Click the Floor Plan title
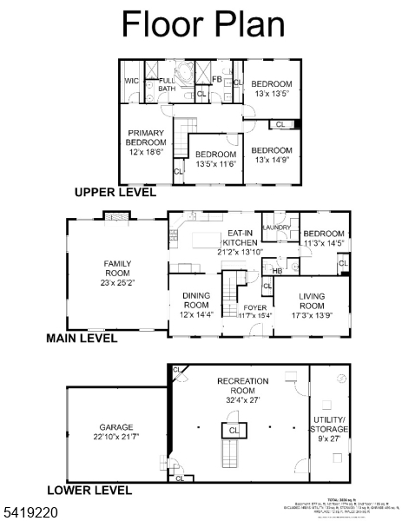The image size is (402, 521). click(203, 24)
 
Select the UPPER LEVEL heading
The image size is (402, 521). click(115, 192)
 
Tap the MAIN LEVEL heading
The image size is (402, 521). click(82, 339)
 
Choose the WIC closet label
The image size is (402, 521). click(131, 81)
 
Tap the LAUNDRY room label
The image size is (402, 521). click(276, 228)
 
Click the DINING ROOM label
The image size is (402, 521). click(195, 300)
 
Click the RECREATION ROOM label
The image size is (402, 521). click(242, 386)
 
